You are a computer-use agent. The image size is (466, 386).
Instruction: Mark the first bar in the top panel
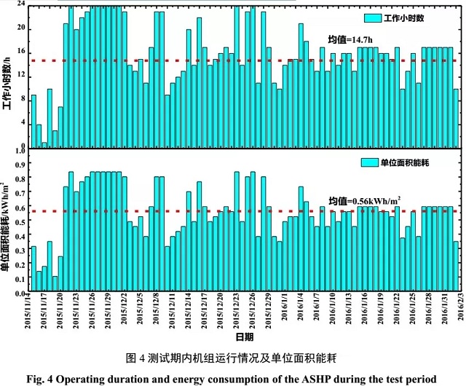click(33, 121)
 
